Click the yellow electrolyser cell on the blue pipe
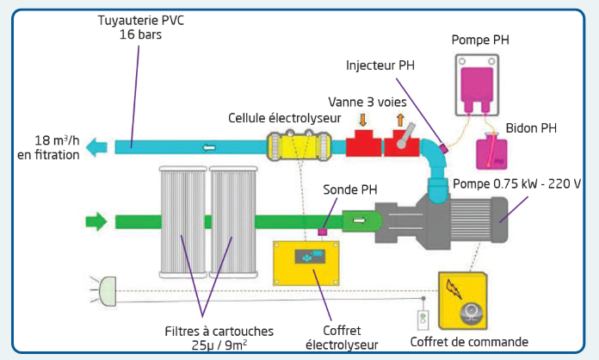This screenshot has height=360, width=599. (299, 146)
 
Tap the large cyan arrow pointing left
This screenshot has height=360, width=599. (96, 147)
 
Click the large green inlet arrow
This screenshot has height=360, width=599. (96, 221)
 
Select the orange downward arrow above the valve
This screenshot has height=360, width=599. (363, 120)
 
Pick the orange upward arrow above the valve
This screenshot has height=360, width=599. (400, 120)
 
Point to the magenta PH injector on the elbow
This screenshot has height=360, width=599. (444, 148)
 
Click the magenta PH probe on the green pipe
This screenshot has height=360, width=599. (323, 232)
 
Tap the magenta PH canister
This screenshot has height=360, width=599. (491, 152)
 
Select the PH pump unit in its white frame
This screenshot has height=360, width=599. (477, 85)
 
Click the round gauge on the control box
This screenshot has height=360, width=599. (471, 313)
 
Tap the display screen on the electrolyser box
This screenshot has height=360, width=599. (310, 257)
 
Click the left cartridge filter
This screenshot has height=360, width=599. (183, 222)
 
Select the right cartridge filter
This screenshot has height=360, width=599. (233, 222)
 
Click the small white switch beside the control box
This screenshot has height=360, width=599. (423, 320)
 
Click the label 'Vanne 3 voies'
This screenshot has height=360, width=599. (367, 102)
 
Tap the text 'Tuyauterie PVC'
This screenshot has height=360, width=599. (140, 21)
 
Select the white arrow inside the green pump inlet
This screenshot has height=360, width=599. (359, 220)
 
